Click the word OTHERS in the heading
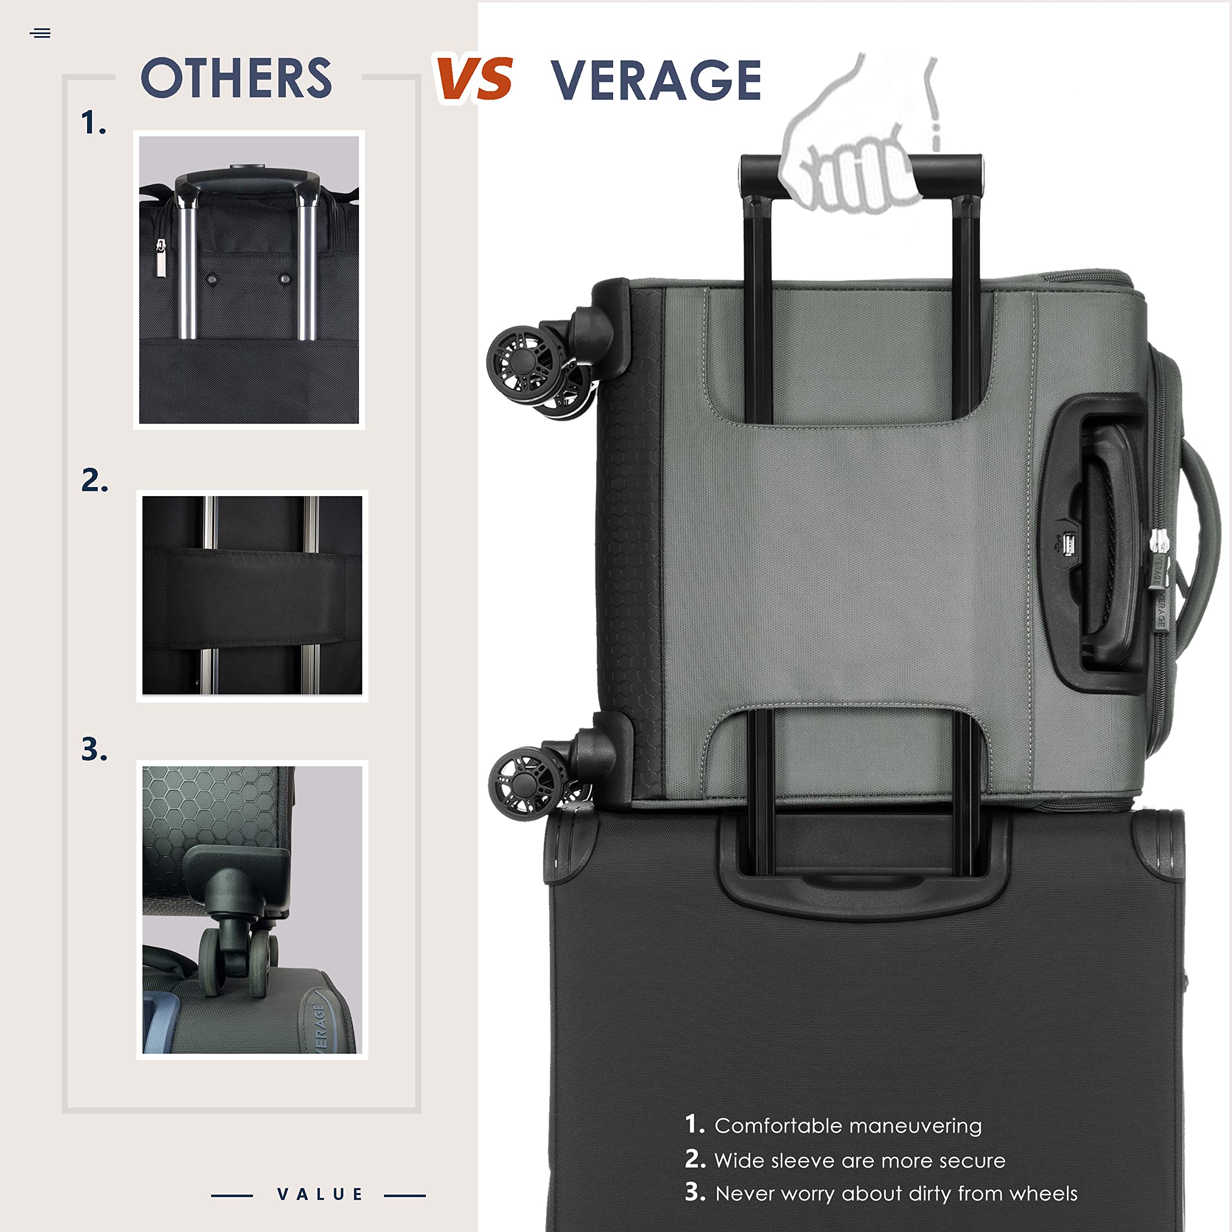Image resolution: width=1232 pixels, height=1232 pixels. [236, 78]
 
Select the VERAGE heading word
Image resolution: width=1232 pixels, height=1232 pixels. [655, 80]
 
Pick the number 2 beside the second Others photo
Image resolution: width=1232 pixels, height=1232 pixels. [94, 480]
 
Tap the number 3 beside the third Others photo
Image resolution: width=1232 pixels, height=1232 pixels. [94, 749]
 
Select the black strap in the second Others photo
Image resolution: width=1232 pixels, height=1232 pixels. [252, 598]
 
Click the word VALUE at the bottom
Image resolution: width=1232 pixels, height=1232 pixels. [320, 1194]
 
